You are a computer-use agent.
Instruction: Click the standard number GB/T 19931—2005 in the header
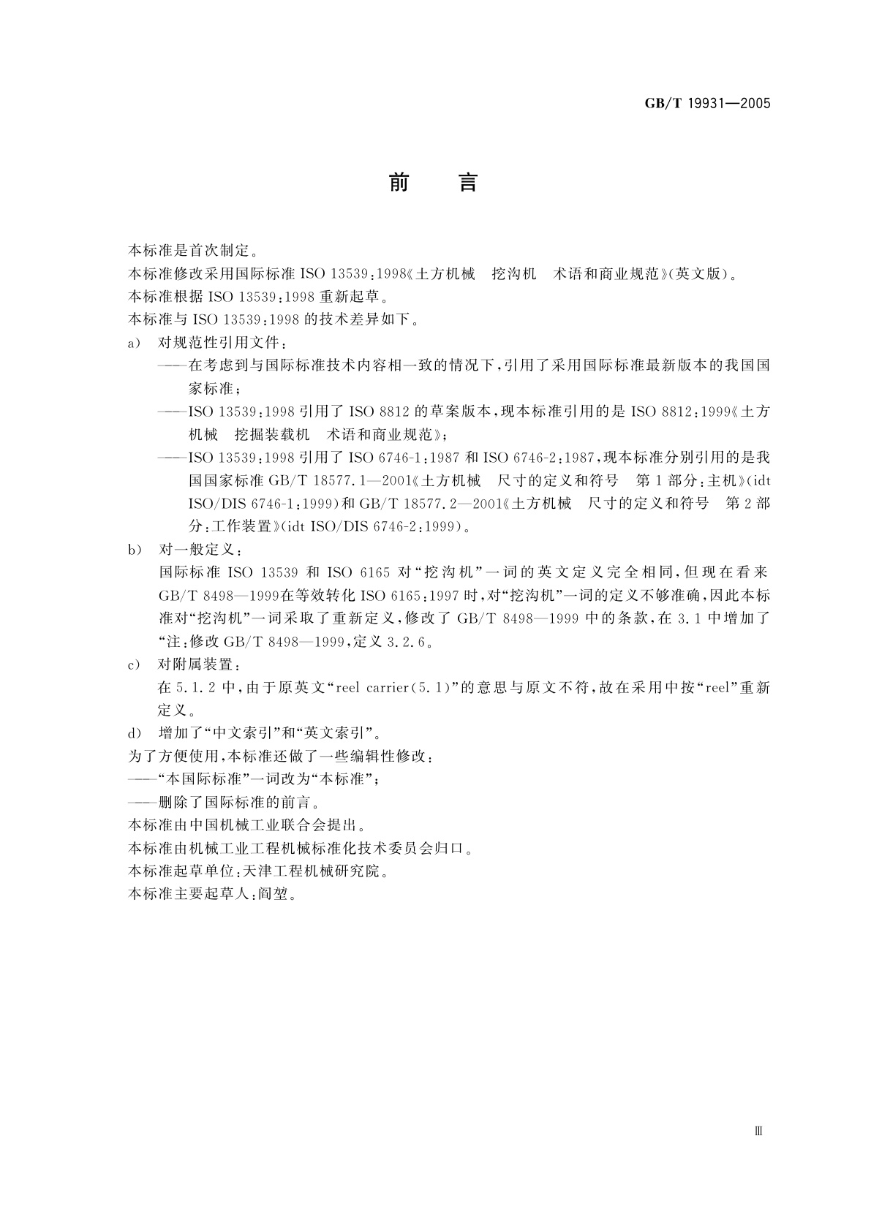pyautogui.click(x=707, y=103)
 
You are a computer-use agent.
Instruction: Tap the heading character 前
pyautogui.click(x=399, y=182)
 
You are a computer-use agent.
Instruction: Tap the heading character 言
pyautogui.click(x=468, y=182)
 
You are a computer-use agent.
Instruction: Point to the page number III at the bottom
pyautogui.click(x=758, y=1131)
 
